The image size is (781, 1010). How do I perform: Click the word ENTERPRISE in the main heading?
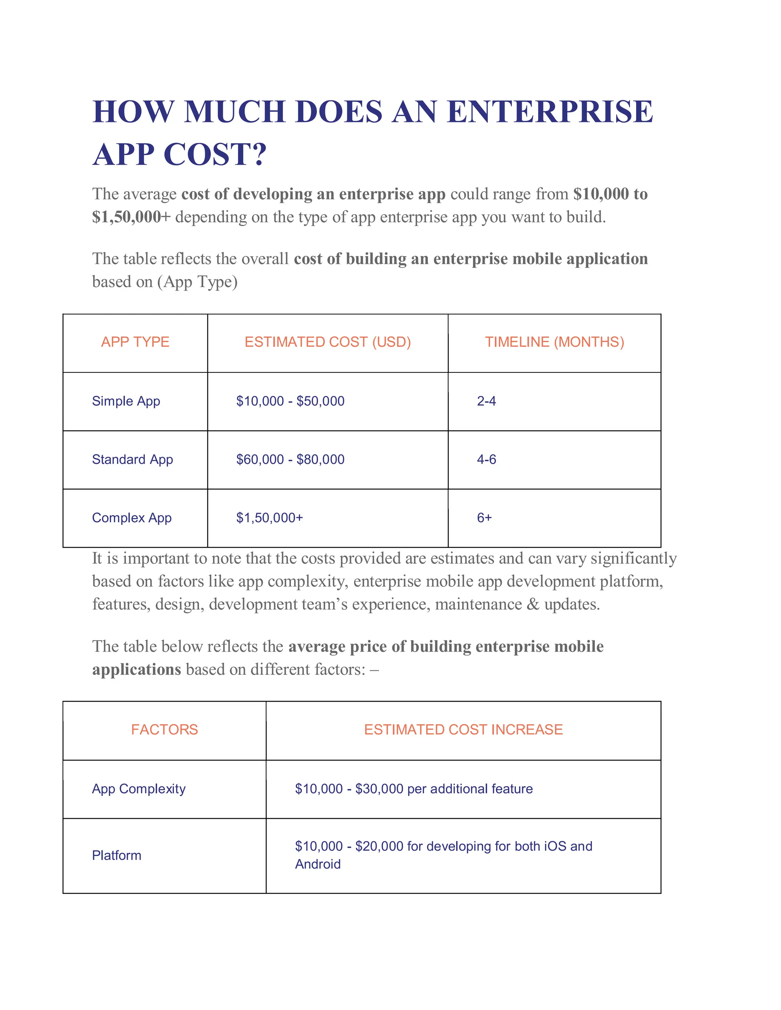click(549, 112)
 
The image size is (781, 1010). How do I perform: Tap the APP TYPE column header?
click(135, 342)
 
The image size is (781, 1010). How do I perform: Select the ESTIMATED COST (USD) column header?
click(328, 342)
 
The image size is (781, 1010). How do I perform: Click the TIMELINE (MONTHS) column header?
click(554, 342)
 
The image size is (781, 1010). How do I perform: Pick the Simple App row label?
click(126, 401)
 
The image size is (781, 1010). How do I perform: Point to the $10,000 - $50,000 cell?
click(290, 401)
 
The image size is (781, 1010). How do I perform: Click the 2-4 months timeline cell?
click(486, 401)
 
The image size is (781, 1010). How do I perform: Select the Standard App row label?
click(132, 459)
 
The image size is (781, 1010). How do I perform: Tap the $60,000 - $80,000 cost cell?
click(290, 459)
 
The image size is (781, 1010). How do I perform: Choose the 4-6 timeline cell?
click(486, 459)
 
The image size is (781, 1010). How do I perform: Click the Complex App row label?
click(132, 518)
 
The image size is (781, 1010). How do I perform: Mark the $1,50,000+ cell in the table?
click(269, 518)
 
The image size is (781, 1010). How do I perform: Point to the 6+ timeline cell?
click(484, 518)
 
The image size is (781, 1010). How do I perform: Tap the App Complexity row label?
click(139, 789)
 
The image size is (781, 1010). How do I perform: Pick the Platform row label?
click(117, 855)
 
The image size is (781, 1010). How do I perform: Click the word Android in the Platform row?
click(318, 864)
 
